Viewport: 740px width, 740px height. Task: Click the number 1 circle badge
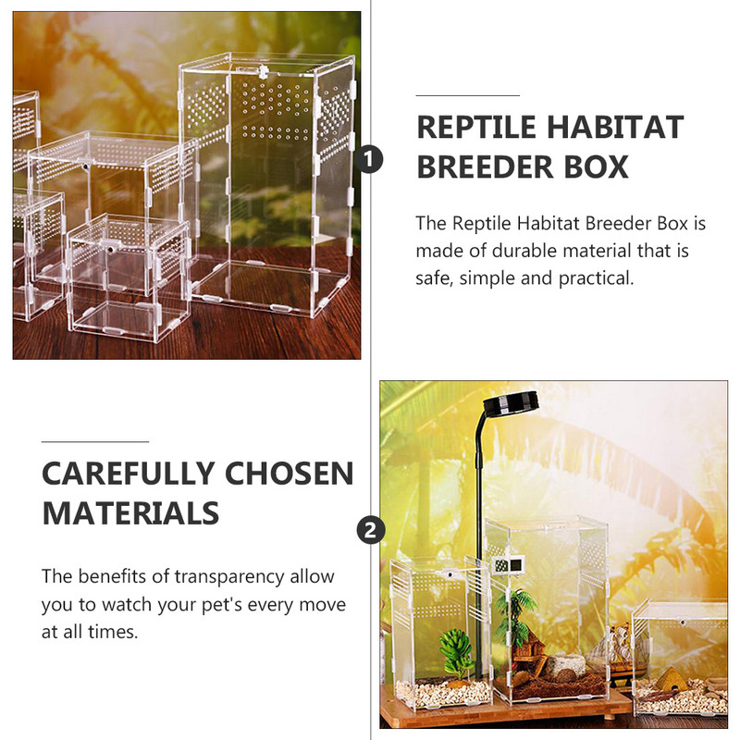[370, 160]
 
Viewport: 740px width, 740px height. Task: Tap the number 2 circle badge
[370, 530]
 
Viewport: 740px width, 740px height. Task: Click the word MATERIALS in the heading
[130, 512]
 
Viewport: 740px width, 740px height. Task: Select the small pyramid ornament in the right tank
[672, 682]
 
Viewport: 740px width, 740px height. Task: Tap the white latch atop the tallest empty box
[263, 69]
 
